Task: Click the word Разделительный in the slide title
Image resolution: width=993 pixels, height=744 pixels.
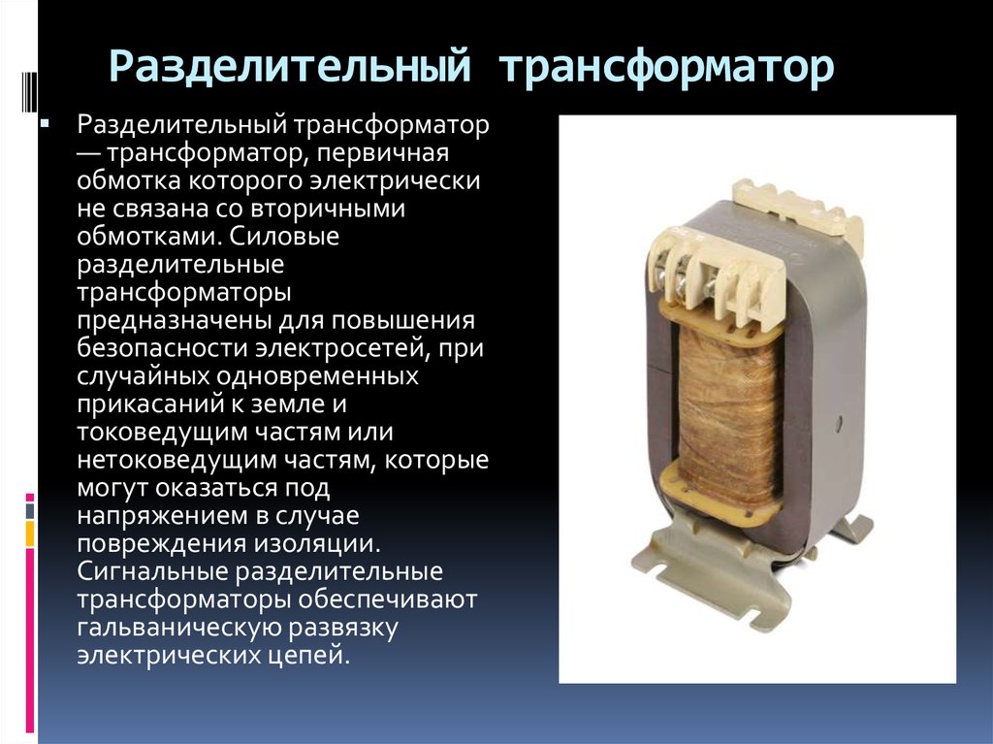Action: [290, 65]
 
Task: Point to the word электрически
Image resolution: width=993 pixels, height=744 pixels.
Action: [395, 181]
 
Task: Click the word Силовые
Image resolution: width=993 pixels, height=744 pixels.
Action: [284, 237]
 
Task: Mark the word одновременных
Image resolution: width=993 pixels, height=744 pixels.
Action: [318, 376]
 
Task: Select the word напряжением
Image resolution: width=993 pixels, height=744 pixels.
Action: [163, 516]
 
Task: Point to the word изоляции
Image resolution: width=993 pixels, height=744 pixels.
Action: [318, 544]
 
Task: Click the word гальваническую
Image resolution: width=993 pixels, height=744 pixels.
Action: [179, 628]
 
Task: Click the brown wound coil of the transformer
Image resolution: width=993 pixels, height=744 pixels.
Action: [728, 413]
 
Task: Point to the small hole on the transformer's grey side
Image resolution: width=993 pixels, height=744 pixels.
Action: [840, 423]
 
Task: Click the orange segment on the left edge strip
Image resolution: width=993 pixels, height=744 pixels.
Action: [30, 534]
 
